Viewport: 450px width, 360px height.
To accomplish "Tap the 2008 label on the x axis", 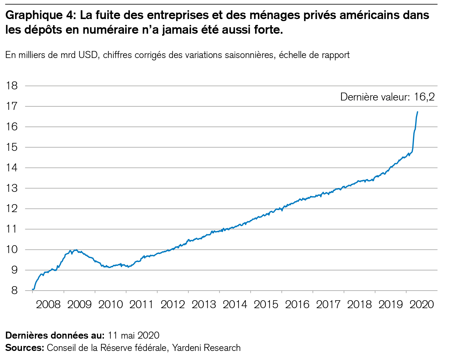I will pyautogui.click(x=48, y=305).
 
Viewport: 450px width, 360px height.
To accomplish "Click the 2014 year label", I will pyautogui.click(x=235, y=305).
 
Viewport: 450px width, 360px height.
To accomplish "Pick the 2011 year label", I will pyautogui.click(x=141, y=305).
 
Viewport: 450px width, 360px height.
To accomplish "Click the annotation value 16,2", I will pyautogui.click(x=424, y=97).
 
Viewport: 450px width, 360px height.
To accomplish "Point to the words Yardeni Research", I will pyautogui.click(x=206, y=348).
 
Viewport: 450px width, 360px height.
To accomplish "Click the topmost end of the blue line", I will pyautogui.click(x=418, y=112).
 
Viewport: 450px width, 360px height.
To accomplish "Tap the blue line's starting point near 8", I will pyautogui.click(x=32, y=289).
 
